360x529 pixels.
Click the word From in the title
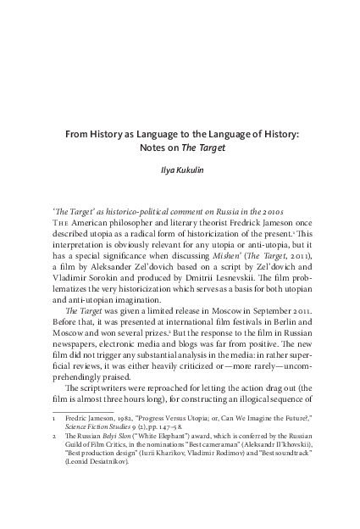point(79,134)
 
